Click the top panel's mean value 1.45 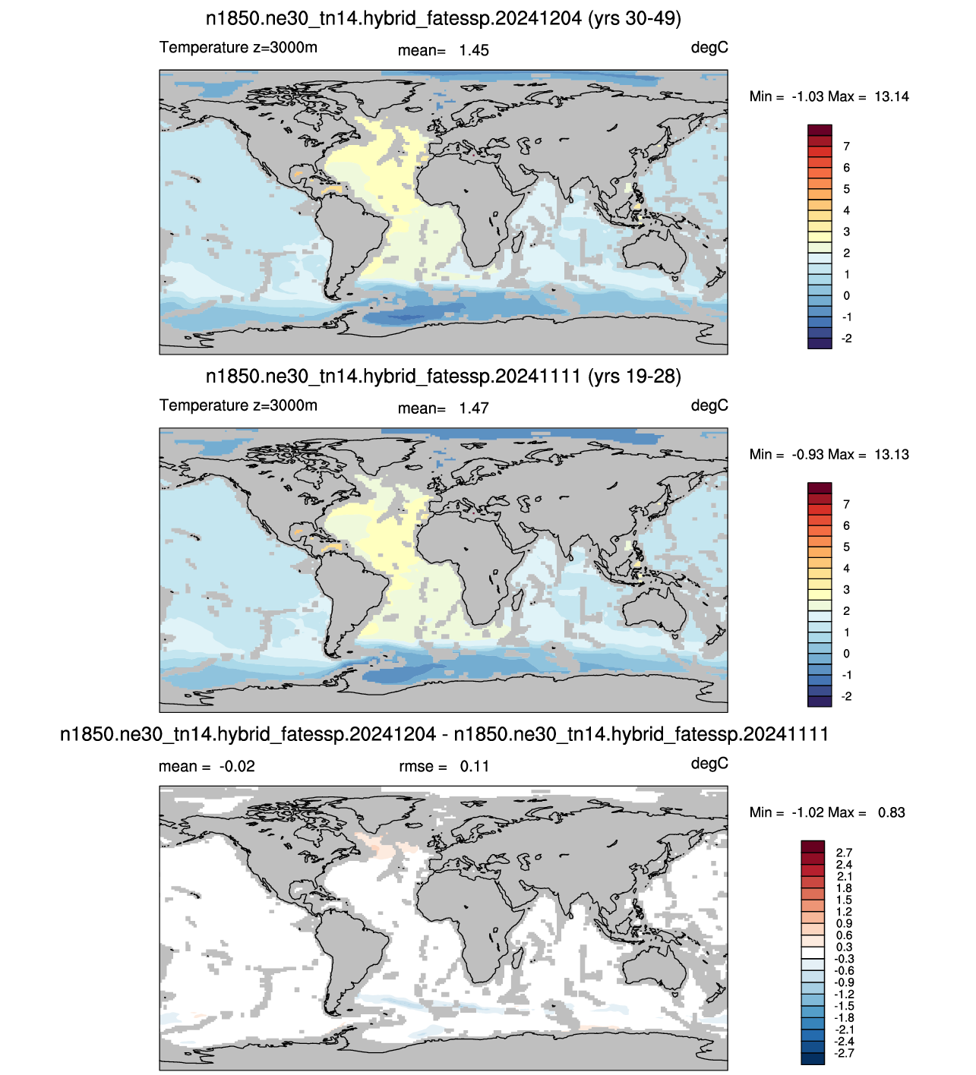473,50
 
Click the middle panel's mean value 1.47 473,408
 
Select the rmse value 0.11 474,766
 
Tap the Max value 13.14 891,96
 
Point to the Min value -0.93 807,455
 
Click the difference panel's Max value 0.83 891,812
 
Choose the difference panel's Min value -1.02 807,812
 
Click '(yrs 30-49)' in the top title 634,19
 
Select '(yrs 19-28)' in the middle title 634,377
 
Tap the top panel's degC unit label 709,48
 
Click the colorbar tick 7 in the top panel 846,147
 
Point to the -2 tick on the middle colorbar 847,696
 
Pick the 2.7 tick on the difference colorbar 844,853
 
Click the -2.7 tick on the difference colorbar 843,1053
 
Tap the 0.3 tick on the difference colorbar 844,947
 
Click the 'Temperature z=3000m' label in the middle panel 238,405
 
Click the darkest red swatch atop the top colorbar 820,131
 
